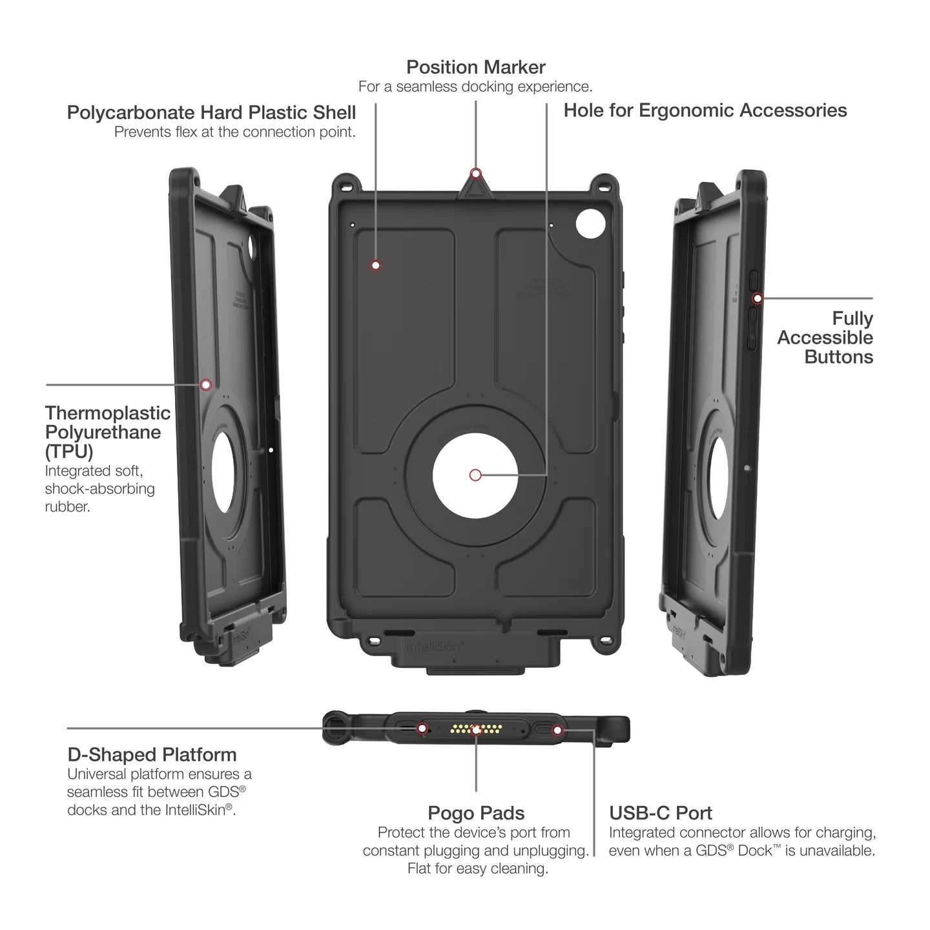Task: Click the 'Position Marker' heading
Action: point(475,67)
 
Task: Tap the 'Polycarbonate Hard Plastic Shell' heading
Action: point(211,112)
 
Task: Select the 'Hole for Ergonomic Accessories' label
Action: point(705,110)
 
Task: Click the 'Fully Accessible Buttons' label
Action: point(825,337)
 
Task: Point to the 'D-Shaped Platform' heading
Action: point(152,754)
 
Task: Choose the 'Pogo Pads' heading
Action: point(476,813)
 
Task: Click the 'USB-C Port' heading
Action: point(661,813)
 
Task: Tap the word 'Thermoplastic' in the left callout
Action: point(108,413)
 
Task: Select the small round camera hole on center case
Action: point(590,224)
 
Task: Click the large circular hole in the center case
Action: point(475,475)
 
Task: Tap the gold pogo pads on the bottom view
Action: point(476,729)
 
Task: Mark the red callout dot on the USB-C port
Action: point(558,730)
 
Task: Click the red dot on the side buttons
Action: point(758,298)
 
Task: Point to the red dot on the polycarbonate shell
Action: point(375,265)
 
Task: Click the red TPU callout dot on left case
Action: point(205,385)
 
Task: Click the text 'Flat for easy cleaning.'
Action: point(477,869)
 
